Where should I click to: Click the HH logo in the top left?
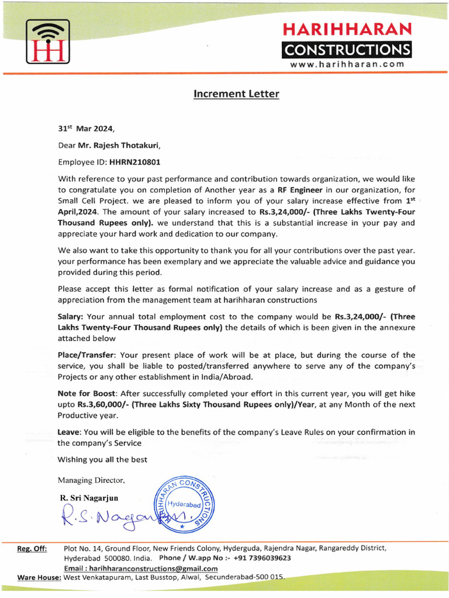click(x=47, y=41)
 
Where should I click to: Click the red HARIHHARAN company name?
click(x=347, y=29)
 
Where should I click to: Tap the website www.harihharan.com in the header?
click(x=347, y=64)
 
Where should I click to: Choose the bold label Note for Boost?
click(x=86, y=394)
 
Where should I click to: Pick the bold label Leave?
click(x=70, y=432)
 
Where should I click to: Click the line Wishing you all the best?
click(x=102, y=460)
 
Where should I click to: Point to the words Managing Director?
click(x=91, y=480)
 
